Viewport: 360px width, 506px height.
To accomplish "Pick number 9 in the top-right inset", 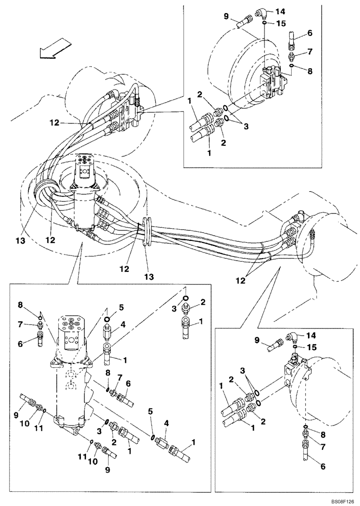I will coord(226,16).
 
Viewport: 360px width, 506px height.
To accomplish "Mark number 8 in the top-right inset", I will coord(310,71).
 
